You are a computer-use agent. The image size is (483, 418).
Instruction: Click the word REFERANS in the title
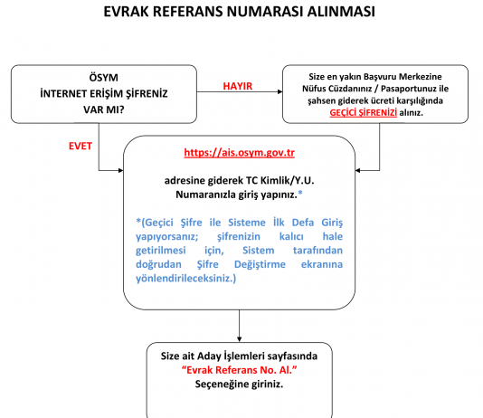[x=188, y=12]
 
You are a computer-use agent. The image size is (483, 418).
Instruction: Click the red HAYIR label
[x=238, y=86]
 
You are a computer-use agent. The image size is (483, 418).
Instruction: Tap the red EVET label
[x=80, y=146]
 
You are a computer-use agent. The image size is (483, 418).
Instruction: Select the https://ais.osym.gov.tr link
[x=240, y=153]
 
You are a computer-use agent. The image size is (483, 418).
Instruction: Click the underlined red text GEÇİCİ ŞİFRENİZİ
[x=364, y=113]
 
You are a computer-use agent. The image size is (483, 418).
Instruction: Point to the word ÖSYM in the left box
[x=103, y=77]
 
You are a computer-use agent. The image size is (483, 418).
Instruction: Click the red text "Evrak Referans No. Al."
[x=239, y=370]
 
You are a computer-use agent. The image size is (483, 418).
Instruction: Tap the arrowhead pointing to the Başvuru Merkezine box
[x=280, y=91]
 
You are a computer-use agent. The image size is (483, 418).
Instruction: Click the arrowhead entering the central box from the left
[x=121, y=170]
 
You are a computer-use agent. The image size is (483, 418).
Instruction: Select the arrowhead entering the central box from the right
[x=357, y=170]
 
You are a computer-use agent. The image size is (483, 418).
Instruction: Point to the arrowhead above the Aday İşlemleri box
[x=240, y=339]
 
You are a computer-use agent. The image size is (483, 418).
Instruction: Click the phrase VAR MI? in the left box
[x=103, y=109]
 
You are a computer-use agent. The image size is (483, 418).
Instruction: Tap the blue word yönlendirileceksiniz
[x=185, y=279]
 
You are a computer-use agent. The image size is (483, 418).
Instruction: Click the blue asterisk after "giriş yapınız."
[x=300, y=194]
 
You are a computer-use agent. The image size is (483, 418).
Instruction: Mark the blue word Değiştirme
[x=260, y=264]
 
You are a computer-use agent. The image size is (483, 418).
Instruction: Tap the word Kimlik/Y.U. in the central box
[x=287, y=181]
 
